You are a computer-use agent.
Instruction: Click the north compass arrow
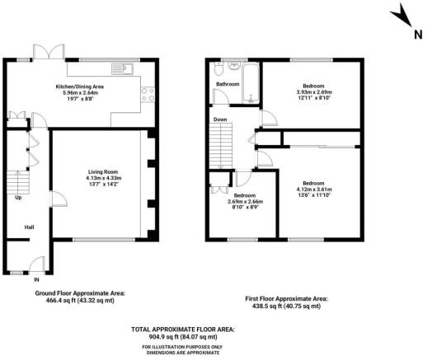pyautogui.click(x=401, y=16)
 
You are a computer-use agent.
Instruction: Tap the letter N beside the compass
pyautogui.click(x=418, y=35)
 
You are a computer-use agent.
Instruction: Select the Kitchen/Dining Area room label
pyautogui.click(x=80, y=86)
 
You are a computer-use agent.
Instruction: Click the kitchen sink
pyautogui.click(x=122, y=68)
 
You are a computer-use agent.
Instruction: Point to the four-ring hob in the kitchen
pyautogui.click(x=148, y=95)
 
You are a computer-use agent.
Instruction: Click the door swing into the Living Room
pyautogui.click(x=59, y=199)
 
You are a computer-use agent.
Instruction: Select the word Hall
pyautogui.click(x=29, y=227)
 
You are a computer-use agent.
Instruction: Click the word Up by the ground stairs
pyautogui.click(x=18, y=198)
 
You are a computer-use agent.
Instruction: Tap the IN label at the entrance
pyautogui.click(x=36, y=280)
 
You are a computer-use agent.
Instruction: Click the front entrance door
pyautogui.click(x=36, y=264)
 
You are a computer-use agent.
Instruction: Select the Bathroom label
pyautogui.click(x=228, y=84)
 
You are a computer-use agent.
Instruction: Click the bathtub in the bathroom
pyautogui.click(x=251, y=83)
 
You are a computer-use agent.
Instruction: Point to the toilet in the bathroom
pyautogui.click(x=219, y=69)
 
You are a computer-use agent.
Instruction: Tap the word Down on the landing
pyautogui.click(x=220, y=119)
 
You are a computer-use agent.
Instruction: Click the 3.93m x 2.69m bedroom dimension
pyautogui.click(x=312, y=92)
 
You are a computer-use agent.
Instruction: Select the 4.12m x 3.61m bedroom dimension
pyautogui.click(x=314, y=189)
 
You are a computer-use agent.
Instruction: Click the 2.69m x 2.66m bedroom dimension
pyautogui.click(x=245, y=202)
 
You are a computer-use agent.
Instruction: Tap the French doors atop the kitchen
pyautogui.click(x=49, y=51)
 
